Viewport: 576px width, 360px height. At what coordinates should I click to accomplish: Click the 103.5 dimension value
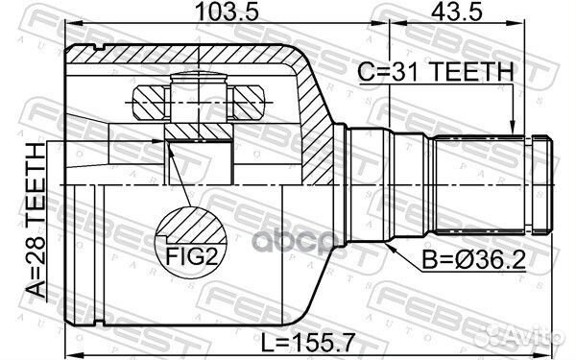tap(227, 12)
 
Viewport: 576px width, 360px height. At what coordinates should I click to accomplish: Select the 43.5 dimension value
tap(457, 12)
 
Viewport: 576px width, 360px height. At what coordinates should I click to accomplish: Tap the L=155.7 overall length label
tap(308, 342)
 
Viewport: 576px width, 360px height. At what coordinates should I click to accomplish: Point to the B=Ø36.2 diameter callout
tap(474, 260)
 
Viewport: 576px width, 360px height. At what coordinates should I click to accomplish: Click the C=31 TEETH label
tap(435, 71)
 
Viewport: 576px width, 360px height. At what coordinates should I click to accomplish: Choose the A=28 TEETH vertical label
tap(36, 220)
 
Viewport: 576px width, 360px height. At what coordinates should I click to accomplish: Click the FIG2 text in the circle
tap(192, 255)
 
